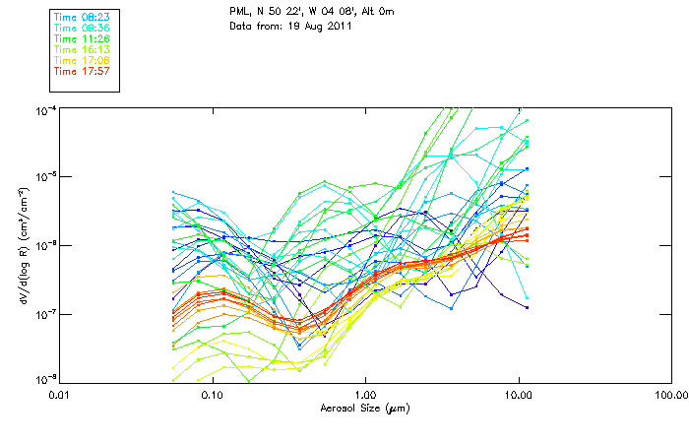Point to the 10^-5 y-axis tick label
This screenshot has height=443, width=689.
pos(45,176)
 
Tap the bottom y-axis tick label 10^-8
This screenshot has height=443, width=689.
pos(45,379)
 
